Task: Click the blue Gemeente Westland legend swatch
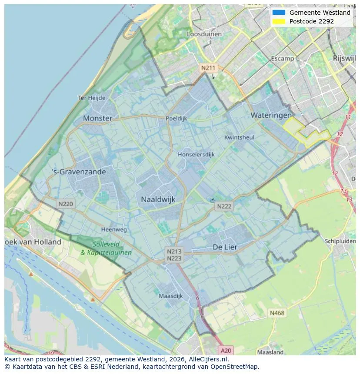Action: (x=279, y=13)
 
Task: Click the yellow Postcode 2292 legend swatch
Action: (x=279, y=21)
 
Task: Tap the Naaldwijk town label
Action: (x=158, y=199)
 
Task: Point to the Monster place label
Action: (x=97, y=118)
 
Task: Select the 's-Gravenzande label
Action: (x=79, y=172)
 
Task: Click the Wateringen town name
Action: (x=271, y=116)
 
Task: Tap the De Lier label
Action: (x=225, y=247)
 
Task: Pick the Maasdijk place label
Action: (x=170, y=296)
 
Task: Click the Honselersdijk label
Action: (x=196, y=154)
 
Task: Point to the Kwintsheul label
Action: (x=239, y=137)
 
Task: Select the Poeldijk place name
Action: (x=176, y=118)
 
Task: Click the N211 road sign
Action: (x=208, y=68)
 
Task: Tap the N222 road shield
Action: (x=224, y=207)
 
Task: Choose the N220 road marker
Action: (x=66, y=204)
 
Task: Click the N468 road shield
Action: (x=277, y=313)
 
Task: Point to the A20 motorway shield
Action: (x=226, y=351)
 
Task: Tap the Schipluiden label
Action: (x=340, y=241)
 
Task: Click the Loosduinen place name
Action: (x=204, y=34)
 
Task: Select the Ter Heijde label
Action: (x=91, y=98)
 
